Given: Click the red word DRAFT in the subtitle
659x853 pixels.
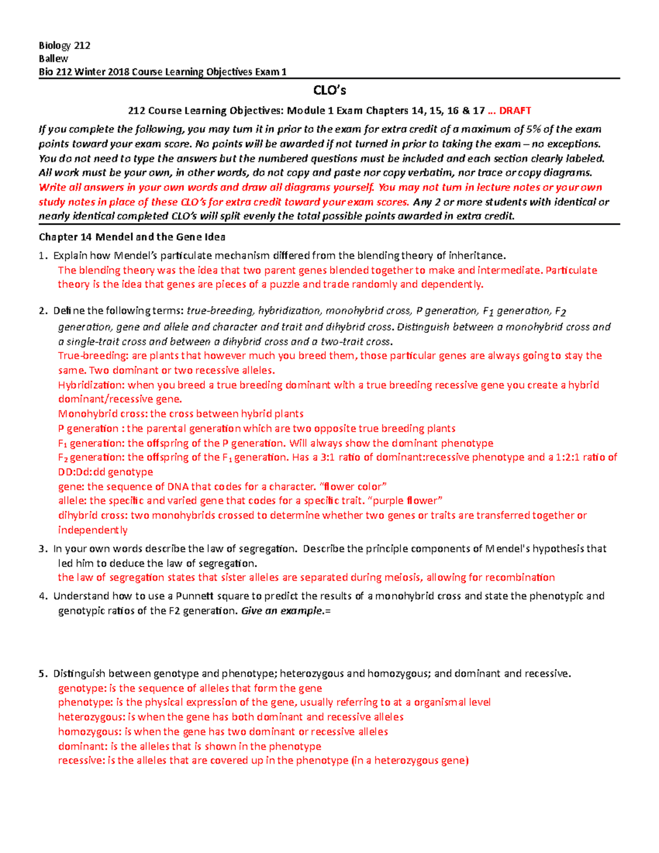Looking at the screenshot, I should click(515, 110).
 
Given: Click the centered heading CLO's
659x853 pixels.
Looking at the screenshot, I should click(329, 91).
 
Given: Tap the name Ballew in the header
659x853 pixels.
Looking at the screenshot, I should click(53, 58).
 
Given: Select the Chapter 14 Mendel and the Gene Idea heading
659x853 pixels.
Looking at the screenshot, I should click(132, 237).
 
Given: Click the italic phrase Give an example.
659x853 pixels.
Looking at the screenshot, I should click(283, 611).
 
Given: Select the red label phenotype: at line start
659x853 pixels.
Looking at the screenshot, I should click(83, 703).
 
